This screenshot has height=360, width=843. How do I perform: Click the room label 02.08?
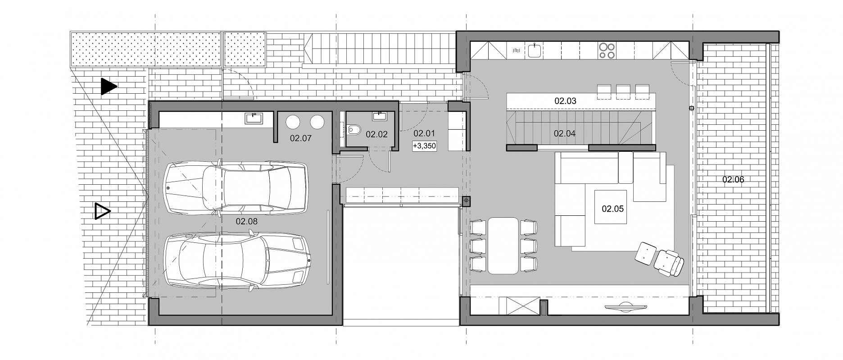pyautogui.click(x=247, y=221)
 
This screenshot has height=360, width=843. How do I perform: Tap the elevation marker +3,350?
pyautogui.click(x=424, y=146)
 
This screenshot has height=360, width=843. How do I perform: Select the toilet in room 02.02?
pyautogui.click(x=354, y=130)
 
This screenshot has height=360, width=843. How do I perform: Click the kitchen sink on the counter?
pyautogui.click(x=535, y=50)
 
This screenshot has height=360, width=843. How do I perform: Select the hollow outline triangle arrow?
pyautogui.click(x=103, y=211)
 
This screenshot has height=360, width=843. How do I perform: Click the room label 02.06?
pyautogui.click(x=733, y=179)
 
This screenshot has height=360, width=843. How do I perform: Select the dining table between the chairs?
pyautogui.click(x=503, y=246)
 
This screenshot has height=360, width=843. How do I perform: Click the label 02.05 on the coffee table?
pyautogui.click(x=612, y=209)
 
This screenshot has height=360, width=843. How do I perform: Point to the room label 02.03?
pyautogui.click(x=565, y=101)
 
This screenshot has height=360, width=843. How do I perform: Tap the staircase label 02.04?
pyautogui.click(x=565, y=133)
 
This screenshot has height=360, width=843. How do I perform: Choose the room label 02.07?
pyautogui.click(x=301, y=138)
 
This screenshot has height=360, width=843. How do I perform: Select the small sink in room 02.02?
pyautogui.click(x=380, y=116)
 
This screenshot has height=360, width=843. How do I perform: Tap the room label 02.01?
pyautogui.click(x=424, y=133)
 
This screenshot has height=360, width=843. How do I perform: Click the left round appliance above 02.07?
pyautogui.click(x=294, y=122)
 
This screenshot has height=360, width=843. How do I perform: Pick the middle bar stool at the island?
pyautogui.click(x=623, y=91)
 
